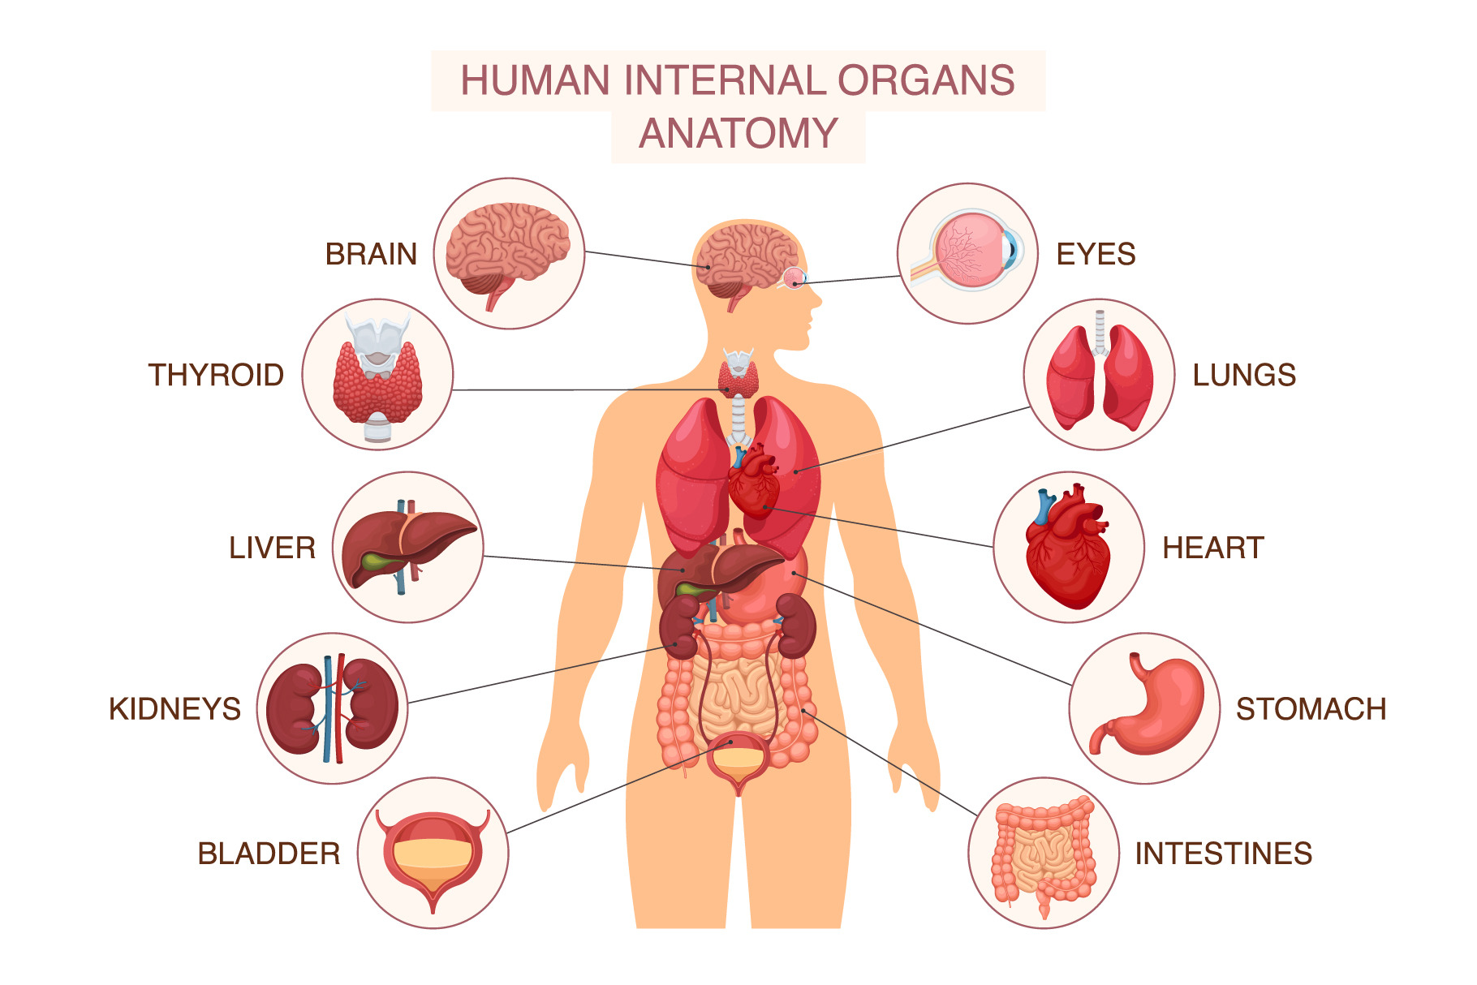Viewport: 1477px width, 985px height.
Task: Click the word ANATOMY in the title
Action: click(738, 133)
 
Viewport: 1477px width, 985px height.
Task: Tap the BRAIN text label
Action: click(371, 254)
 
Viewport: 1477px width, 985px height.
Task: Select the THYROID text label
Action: click(216, 375)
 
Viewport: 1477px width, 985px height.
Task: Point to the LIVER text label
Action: click(272, 548)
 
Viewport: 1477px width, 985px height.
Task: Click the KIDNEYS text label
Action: click(174, 709)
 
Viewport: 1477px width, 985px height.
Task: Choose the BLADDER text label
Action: click(269, 854)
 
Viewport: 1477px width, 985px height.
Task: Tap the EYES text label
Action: click(1096, 254)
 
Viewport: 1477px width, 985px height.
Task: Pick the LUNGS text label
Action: click(1244, 375)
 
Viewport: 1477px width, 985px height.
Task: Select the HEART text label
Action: click(1213, 548)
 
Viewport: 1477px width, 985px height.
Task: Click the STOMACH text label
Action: click(1311, 709)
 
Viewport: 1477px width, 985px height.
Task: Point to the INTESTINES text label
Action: click(1223, 854)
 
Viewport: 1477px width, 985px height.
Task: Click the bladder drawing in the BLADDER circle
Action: click(433, 856)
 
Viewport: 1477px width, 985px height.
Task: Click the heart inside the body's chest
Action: click(753, 480)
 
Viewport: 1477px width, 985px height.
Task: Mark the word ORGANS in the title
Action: click(926, 80)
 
